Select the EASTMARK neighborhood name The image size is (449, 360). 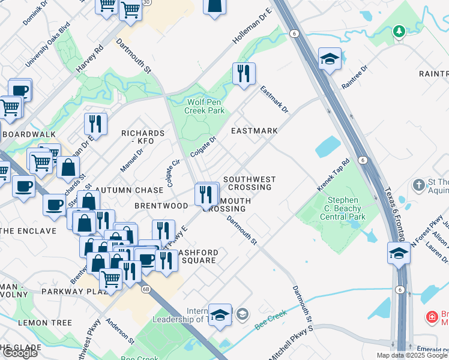click(x=255, y=131)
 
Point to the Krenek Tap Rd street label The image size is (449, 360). click(x=333, y=176)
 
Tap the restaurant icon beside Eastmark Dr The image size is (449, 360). click(x=244, y=74)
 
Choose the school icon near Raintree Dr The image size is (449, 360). click(x=330, y=59)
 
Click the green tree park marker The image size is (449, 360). click(x=399, y=31)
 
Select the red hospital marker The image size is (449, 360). click(x=432, y=316)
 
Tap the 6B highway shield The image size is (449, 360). click(x=146, y=289)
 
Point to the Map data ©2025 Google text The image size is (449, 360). click(x=412, y=355)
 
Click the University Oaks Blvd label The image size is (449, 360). click(x=47, y=45)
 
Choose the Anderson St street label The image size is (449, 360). click(x=120, y=331)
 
